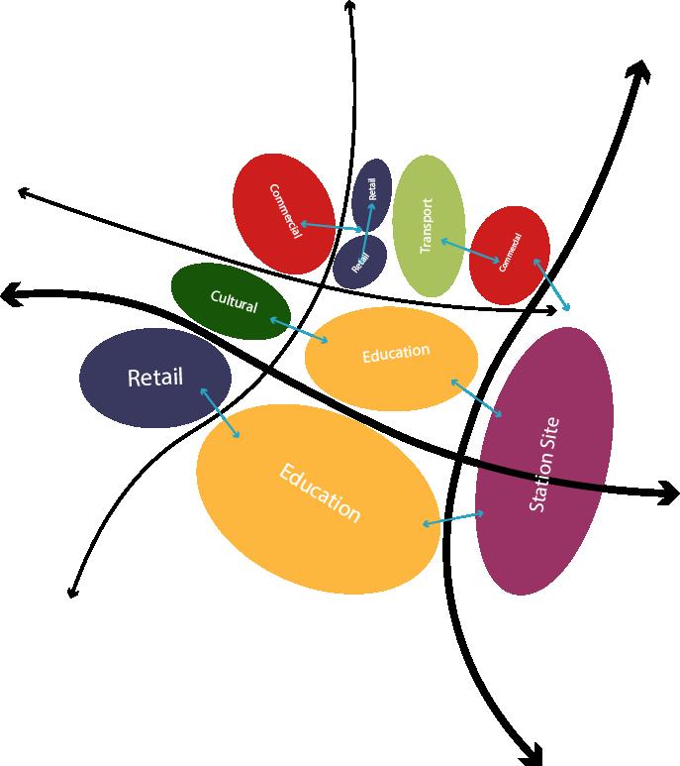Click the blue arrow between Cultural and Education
tap(300, 331)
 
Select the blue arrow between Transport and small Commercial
tap(469, 250)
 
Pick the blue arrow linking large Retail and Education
tap(220, 412)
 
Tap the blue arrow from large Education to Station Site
tap(453, 518)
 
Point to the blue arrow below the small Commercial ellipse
tap(551, 284)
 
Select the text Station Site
tap(544, 464)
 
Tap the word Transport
tap(427, 226)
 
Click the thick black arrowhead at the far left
tap(12, 293)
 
